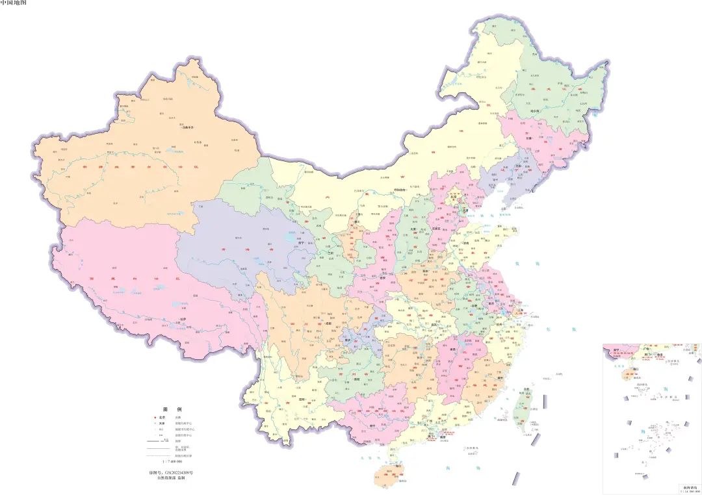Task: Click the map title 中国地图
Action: [14, 3]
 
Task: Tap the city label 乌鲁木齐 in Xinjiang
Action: [188, 127]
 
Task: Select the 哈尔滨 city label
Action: [535, 112]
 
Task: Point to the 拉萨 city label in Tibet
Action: [183, 319]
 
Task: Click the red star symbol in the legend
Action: [154, 417]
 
